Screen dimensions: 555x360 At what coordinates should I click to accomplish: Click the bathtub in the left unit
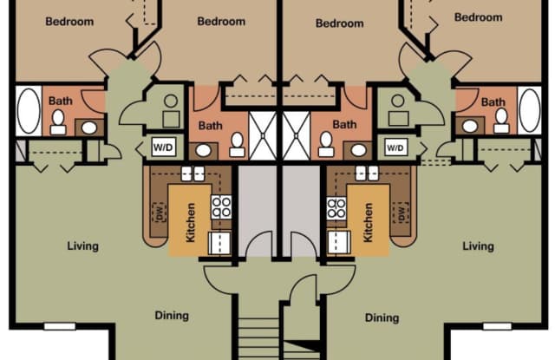(x=28, y=110)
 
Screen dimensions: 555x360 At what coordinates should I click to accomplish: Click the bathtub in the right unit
(x=528, y=110)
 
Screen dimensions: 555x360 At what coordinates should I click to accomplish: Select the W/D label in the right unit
(x=395, y=147)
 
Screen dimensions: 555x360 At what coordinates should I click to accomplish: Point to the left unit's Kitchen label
(x=191, y=222)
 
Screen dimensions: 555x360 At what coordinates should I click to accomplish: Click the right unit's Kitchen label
(x=368, y=222)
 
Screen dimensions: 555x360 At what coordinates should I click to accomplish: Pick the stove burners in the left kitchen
(x=222, y=206)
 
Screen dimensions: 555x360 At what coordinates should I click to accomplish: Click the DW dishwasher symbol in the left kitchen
(x=159, y=211)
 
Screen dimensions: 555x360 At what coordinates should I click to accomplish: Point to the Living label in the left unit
(x=82, y=246)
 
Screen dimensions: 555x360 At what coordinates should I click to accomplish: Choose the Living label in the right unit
(x=478, y=246)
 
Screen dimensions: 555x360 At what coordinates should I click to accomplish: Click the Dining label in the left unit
(x=171, y=316)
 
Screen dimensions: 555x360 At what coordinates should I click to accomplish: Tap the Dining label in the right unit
(x=382, y=318)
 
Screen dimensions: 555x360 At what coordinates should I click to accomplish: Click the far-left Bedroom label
(x=69, y=22)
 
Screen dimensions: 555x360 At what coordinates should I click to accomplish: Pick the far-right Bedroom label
(x=478, y=17)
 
